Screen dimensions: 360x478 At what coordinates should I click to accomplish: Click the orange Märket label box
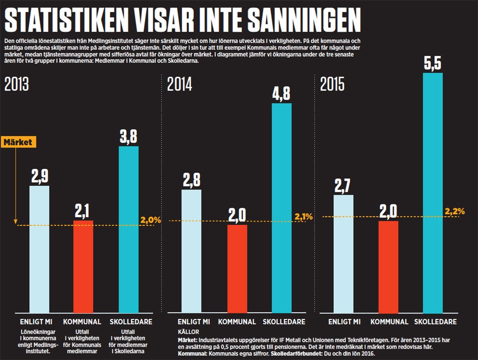click(18, 142)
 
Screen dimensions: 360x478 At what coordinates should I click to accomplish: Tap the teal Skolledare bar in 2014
click(282, 208)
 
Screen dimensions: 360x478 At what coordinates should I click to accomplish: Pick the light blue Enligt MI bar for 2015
click(343, 254)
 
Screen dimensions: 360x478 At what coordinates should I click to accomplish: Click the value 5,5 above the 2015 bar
click(433, 63)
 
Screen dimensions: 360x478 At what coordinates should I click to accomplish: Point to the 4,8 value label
click(282, 94)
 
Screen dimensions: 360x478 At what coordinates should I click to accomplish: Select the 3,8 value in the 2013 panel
click(128, 137)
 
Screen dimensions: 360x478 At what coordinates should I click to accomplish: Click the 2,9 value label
click(39, 176)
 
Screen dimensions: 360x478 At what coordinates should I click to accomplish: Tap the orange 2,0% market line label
click(151, 220)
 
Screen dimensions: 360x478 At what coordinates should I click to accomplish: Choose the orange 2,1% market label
click(304, 217)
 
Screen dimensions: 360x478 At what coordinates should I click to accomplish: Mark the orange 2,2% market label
click(455, 211)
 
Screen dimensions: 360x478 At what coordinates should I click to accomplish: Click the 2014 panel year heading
click(180, 85)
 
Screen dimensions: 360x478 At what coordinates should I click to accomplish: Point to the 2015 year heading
click(332, 85)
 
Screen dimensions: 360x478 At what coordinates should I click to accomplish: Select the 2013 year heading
click(17, 85)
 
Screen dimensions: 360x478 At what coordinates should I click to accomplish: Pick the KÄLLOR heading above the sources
click(188, 332)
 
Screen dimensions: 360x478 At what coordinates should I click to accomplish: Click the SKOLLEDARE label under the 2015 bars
click(436, 322)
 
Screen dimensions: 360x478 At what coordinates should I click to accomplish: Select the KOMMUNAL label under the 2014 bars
click(237, 322)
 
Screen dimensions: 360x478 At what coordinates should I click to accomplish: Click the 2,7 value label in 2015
click(343, 185)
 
